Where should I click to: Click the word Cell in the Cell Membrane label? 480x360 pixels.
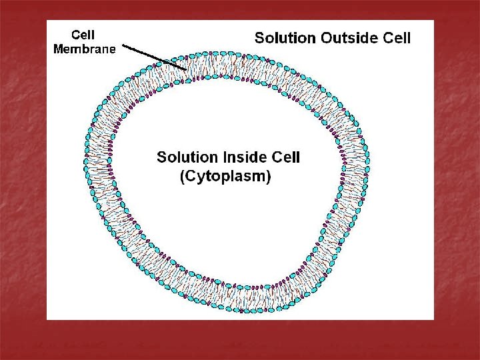tap(83, 35)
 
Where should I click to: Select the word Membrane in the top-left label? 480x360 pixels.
tap(84, 49)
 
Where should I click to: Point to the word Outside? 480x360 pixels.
tap(350, 38)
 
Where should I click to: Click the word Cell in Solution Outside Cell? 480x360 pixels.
tap(398, 38)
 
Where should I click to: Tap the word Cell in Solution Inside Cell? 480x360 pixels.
tap(286, 157)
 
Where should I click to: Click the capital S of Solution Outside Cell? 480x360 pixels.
tap(260, 38)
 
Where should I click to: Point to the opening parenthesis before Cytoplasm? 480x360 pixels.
tap(183, 177)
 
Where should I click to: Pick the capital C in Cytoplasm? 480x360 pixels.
tap(191, 177)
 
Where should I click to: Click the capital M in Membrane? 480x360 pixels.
tap(58, 49)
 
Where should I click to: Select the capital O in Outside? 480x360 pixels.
tap(327, 38)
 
